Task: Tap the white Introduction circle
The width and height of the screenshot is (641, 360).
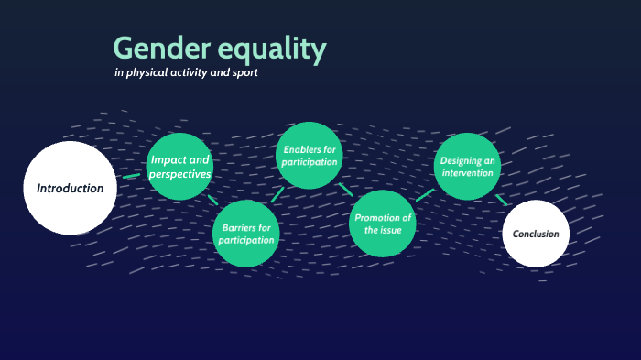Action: click(70, 188)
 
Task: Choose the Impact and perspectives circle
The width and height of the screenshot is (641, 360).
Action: click(179, 167)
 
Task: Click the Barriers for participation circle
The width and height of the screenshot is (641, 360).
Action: click(244, 234)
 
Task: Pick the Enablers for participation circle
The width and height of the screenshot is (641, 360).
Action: click(310, 155)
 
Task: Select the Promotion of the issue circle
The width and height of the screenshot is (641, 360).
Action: click(383, 224)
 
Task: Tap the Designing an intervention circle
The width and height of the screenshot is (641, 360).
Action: click(467, 166)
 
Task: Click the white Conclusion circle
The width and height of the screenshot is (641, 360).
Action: click(536, 234)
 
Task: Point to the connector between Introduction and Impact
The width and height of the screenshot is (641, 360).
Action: click(132, 175)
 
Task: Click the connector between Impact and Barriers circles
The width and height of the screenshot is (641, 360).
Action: click(213, 200)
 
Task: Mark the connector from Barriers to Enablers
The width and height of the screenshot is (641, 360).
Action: click(277, 194)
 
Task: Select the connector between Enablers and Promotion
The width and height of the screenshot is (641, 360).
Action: click(346, 190)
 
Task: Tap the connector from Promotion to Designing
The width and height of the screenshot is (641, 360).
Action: click(424, 195)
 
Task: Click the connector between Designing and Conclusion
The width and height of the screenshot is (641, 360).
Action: click(502, 199)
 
